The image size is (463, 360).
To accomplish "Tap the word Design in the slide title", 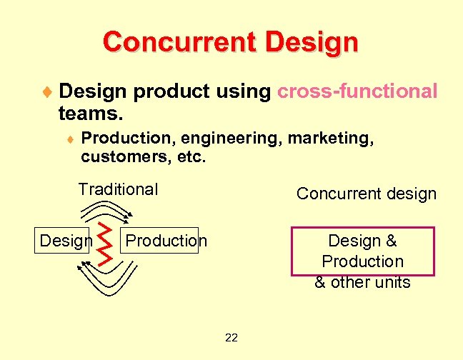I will (311, 41).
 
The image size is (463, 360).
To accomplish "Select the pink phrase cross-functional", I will (357, 91).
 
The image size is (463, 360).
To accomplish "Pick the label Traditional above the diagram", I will (118, 189).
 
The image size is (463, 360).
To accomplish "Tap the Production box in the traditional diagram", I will (166, 241).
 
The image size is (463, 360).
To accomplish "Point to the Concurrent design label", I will (366, 194).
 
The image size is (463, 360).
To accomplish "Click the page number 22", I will (231, 337).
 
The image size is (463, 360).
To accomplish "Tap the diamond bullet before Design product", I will (47, 91).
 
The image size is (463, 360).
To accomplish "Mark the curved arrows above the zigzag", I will (105, 209).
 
